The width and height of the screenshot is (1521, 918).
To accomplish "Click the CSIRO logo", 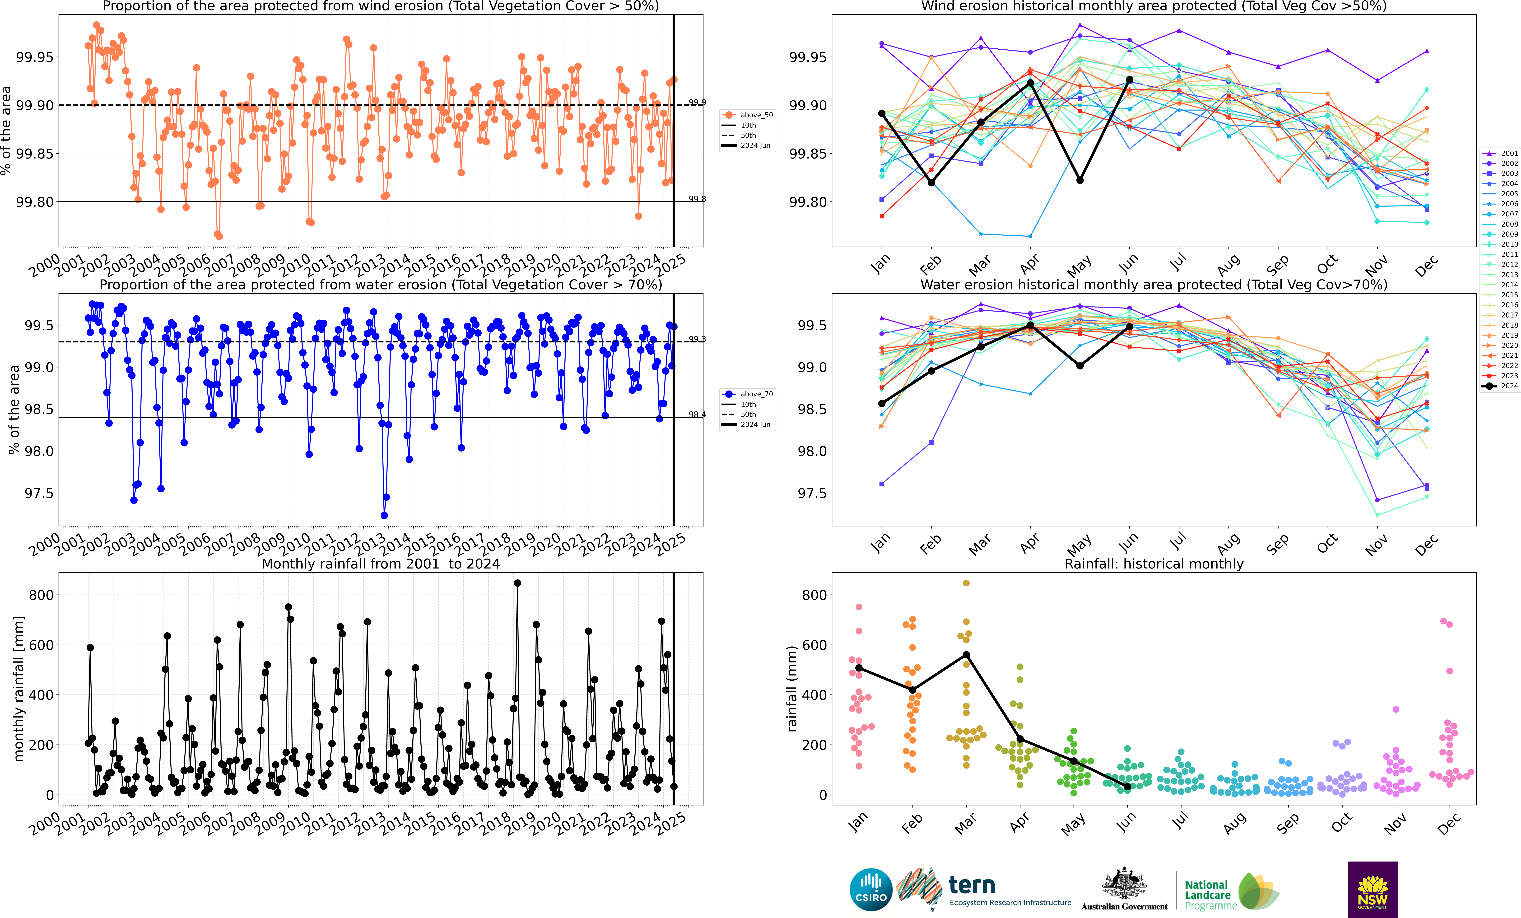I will coord(871,890).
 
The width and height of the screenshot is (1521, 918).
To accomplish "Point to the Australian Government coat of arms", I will coord(1124,884).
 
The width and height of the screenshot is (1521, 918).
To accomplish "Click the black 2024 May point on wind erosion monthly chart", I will coord(1080,180).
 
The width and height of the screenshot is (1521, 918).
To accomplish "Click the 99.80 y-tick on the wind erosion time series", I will coord(35,202).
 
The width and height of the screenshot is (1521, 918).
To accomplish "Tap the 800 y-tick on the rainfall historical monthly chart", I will coord(814,595).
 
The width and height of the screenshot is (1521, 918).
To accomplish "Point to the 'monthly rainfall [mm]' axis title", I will coord(19,688).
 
